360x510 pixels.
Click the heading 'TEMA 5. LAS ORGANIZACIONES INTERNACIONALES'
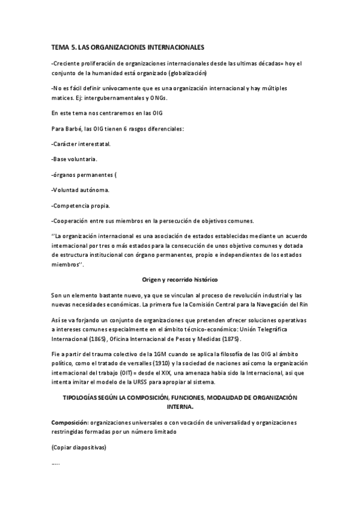[129, 46]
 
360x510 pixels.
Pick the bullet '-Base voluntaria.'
[75, 159]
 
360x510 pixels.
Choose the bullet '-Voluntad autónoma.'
[81, 190]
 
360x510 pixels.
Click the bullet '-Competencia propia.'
[81, 205]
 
